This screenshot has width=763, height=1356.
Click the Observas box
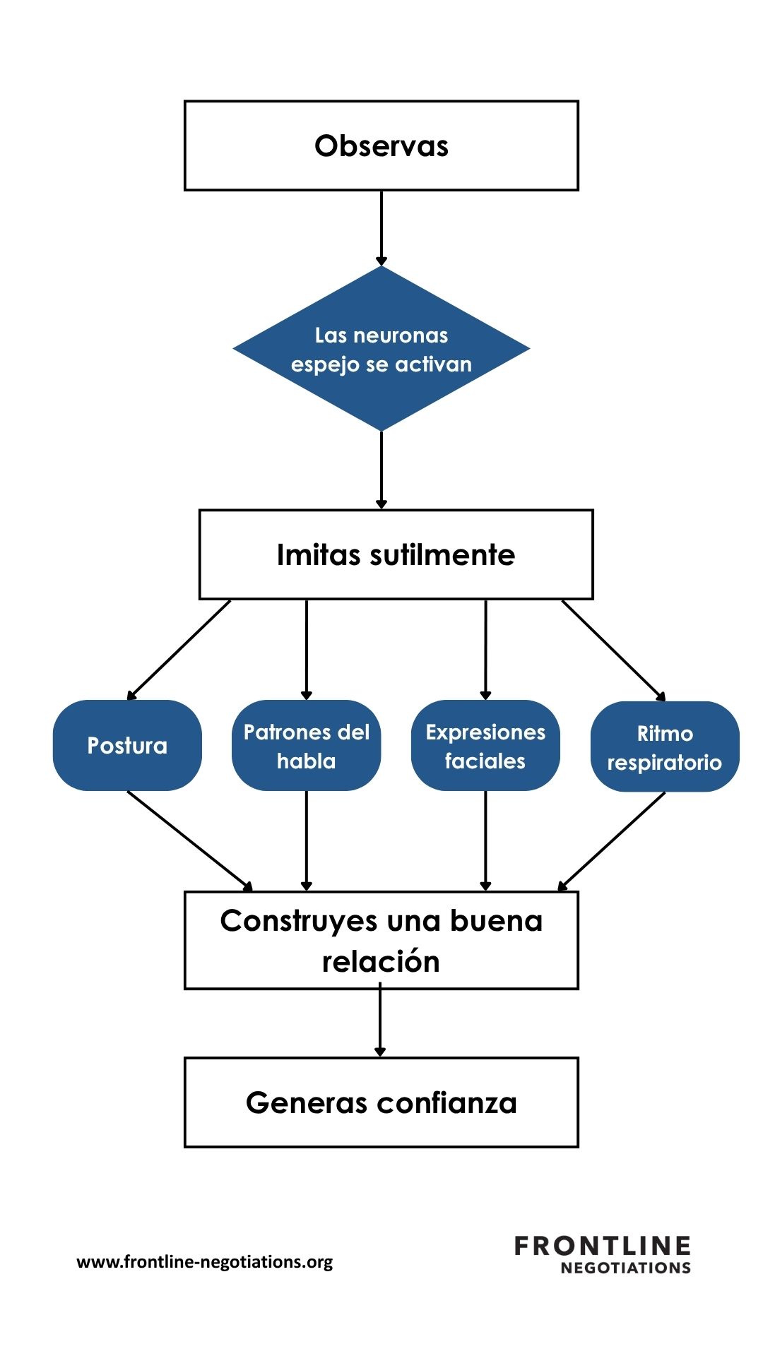point(381,145)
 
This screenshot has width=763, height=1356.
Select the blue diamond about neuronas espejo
point(381,349)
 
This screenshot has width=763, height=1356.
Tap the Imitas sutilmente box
point(396,554)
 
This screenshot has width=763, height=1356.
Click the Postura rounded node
point(127,745)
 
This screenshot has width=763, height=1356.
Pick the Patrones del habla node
point(306,746)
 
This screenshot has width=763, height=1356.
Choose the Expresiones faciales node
point(485,746)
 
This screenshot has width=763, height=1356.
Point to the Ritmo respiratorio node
point(664,747)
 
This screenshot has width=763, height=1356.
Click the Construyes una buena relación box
point(381,940)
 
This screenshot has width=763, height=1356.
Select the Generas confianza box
point(381,1102)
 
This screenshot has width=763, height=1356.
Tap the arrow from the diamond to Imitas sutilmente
point(381,470)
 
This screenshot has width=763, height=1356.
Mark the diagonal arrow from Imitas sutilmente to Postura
point(179,650)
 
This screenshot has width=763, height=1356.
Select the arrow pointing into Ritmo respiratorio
point(613,650)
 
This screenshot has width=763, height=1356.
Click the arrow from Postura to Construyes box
point(189,840)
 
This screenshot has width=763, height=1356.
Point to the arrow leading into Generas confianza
point(380,1021)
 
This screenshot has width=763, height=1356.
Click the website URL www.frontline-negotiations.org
point(204,1262)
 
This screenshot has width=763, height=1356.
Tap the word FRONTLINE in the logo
point(602,1246)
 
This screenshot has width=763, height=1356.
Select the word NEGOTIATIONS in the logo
point(625,1268)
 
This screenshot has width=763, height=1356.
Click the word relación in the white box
point(381,961)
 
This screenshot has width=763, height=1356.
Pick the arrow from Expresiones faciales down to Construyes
point(485,840)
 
